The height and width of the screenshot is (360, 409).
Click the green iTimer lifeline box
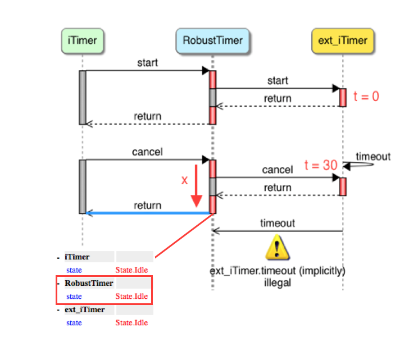[x=83, y=41]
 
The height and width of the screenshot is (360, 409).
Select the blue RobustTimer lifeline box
[x=212, y=41]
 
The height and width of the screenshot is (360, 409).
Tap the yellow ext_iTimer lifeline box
[x=343, y=41]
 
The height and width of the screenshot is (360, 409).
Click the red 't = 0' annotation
[x=366, y=97]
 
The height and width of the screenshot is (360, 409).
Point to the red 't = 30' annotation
[x=321, y=165]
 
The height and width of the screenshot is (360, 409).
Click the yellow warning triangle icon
[x=278, y=247]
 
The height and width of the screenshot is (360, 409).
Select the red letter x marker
[x=184, y=180]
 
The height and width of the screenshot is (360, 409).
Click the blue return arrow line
[x=148, y=213]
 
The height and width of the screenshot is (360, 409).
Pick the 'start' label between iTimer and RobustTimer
[x=147, y=63]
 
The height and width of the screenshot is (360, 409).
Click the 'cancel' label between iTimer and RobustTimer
[x=147, y=152]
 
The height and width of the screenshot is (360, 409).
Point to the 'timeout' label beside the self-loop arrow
[x=373, y=157]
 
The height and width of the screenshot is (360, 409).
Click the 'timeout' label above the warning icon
[x=278, y=223]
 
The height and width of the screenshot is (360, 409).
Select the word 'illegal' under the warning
[x=278, y=283]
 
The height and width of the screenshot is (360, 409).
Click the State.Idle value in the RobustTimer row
[x=131, y=297]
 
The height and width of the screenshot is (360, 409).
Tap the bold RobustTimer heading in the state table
[x=89, y=283]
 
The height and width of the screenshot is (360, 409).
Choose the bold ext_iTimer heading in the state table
[x=85, y=309]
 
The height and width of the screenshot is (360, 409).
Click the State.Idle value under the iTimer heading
[x=131, y=270]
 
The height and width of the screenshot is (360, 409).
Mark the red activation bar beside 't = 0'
[x=343, y=98]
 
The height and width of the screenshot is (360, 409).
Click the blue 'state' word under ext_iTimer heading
[x=74, y=323]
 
